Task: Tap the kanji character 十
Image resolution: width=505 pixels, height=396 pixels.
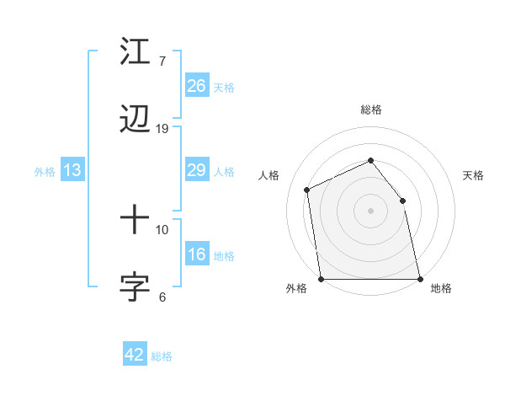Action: click(x=135, y=221)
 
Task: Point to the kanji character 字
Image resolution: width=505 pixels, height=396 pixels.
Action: click(x=135, y=287)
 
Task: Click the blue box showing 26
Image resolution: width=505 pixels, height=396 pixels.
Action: click(x=197, y=86)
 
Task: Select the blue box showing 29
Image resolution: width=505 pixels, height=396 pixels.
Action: click(x=197, y=170)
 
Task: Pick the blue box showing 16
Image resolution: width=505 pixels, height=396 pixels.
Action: click(x=197, y=254)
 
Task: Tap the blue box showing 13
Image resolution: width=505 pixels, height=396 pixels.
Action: click(x=72, y=170)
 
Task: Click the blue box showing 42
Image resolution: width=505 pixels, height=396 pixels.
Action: click(x=135, y=355)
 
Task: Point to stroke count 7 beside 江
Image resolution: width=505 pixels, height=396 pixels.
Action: click(x=162, y=61)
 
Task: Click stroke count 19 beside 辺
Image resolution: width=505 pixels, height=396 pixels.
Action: click(x=162, y=128)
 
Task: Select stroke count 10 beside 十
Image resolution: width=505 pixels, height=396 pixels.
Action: click(x=162, y=229)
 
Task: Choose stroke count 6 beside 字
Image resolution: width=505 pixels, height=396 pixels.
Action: click(x=162, y=297)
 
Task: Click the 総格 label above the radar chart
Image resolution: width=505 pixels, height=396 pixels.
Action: click(x=371, y=110)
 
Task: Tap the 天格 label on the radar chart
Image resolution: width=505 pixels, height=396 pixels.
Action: click(x=473, y=175)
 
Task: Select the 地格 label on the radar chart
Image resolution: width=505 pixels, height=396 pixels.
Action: click(x=441, y=289)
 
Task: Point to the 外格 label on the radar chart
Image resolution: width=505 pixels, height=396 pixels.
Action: click(x=296, y=289)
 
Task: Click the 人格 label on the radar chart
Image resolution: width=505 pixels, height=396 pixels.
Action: click(x=268, y=175)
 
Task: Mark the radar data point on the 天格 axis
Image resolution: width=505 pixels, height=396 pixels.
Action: click(x=402, y=201)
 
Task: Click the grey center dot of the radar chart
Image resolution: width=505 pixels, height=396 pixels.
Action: click(x=370, y=211)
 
